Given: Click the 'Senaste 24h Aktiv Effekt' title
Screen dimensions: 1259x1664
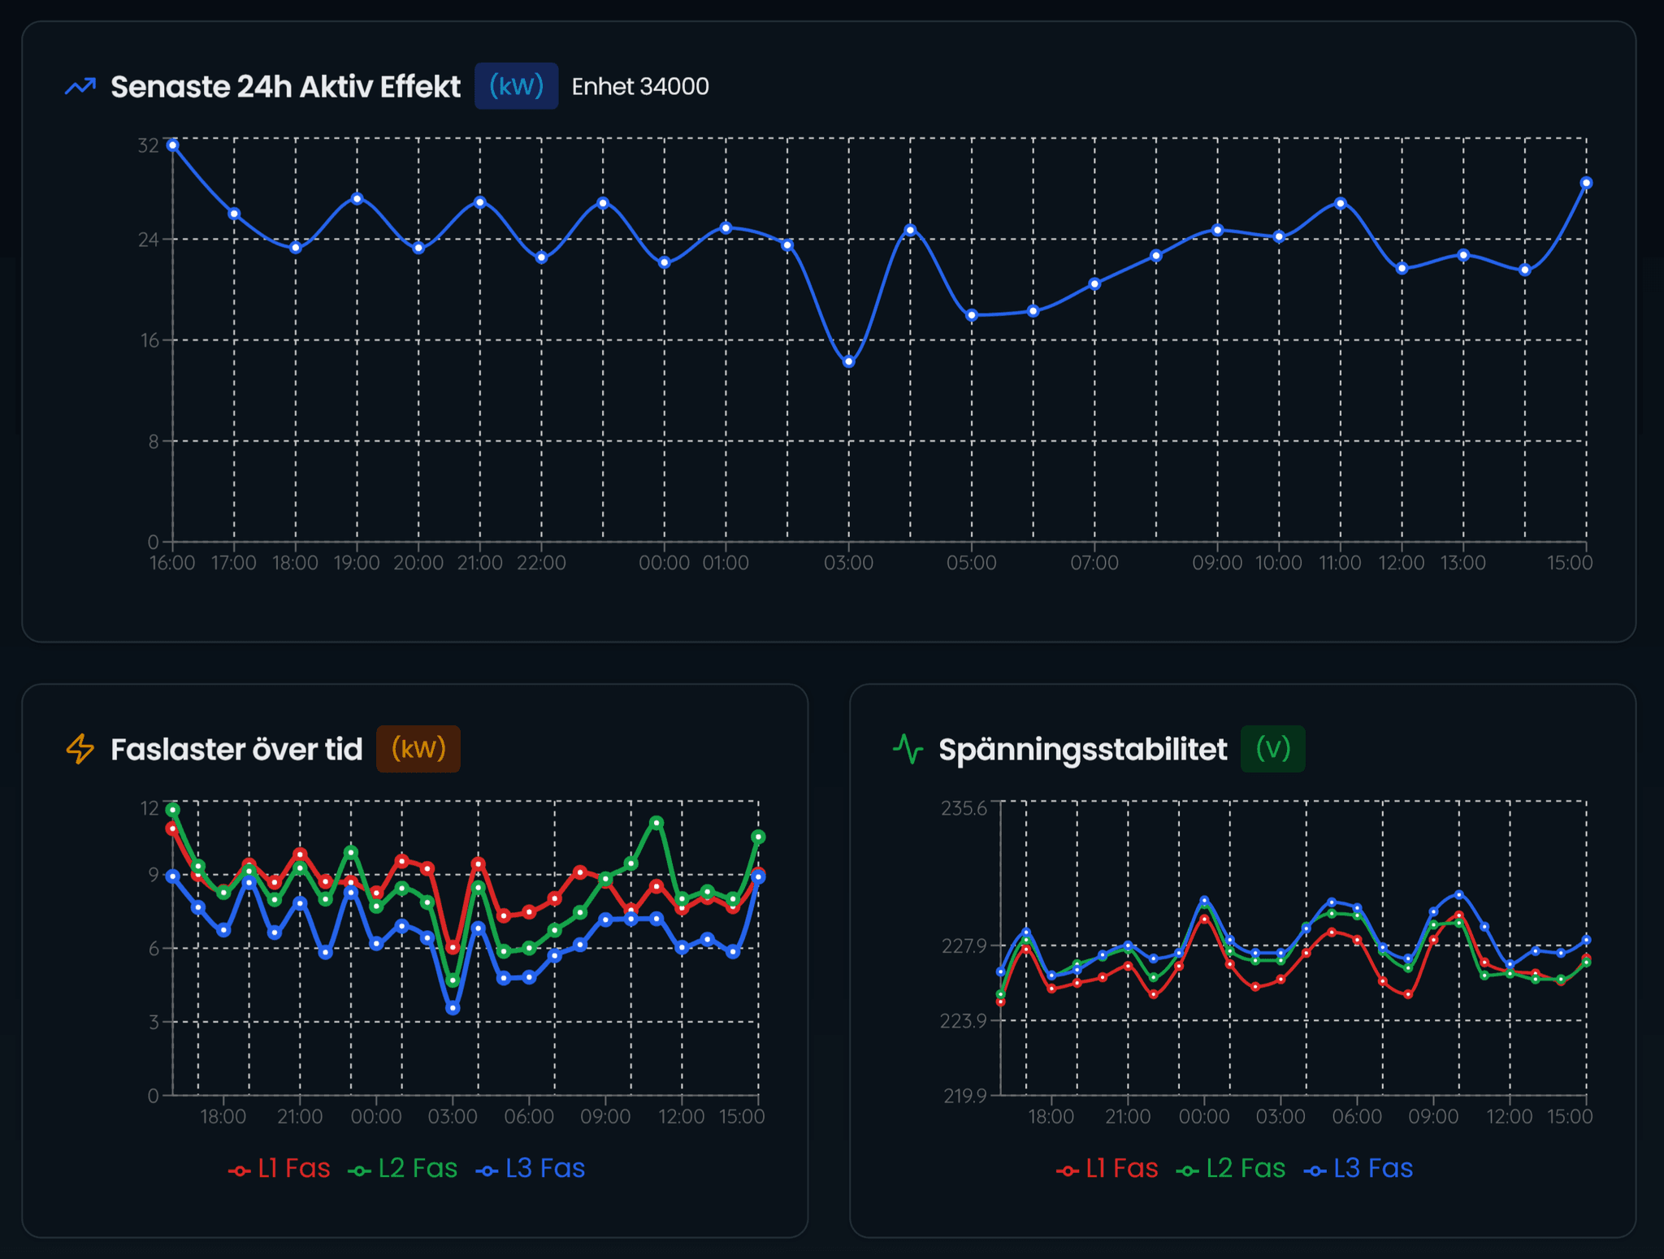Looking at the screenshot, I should click(285, 86).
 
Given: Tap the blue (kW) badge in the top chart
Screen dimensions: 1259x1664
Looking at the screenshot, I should click(516, 86).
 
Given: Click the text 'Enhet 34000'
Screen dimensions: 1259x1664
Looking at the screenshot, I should click(640, 86).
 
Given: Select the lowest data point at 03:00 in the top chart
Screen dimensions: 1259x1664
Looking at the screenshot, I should click(848, 361).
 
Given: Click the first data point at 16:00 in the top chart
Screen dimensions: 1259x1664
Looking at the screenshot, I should click(172, 145).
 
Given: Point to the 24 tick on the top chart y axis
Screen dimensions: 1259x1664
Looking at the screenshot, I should click(148, 240).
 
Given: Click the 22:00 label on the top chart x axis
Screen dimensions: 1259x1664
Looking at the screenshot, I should click(541, 563).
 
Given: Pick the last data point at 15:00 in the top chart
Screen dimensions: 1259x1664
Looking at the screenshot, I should click(1586, 183).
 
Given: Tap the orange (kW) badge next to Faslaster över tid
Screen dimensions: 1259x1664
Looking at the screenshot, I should click(418, 748).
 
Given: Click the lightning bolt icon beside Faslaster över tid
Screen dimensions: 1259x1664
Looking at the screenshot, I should click(80, 749).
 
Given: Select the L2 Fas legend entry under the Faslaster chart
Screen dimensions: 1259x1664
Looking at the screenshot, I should click(403, 1168).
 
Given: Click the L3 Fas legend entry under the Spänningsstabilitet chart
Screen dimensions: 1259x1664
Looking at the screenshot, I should click(1358, 1168).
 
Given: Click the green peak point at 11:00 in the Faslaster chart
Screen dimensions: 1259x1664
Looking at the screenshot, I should click(656, 823).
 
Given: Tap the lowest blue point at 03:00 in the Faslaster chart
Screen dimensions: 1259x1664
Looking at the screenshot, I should click(453, 1008).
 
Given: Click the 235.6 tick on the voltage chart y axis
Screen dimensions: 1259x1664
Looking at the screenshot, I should click(964, 808).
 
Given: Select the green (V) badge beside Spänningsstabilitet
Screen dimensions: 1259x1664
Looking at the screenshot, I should click(1272, 748).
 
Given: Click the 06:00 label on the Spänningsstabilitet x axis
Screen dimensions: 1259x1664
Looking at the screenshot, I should click(1356, 1117).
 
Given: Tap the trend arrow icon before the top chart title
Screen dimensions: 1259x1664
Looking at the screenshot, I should click(80, 86).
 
